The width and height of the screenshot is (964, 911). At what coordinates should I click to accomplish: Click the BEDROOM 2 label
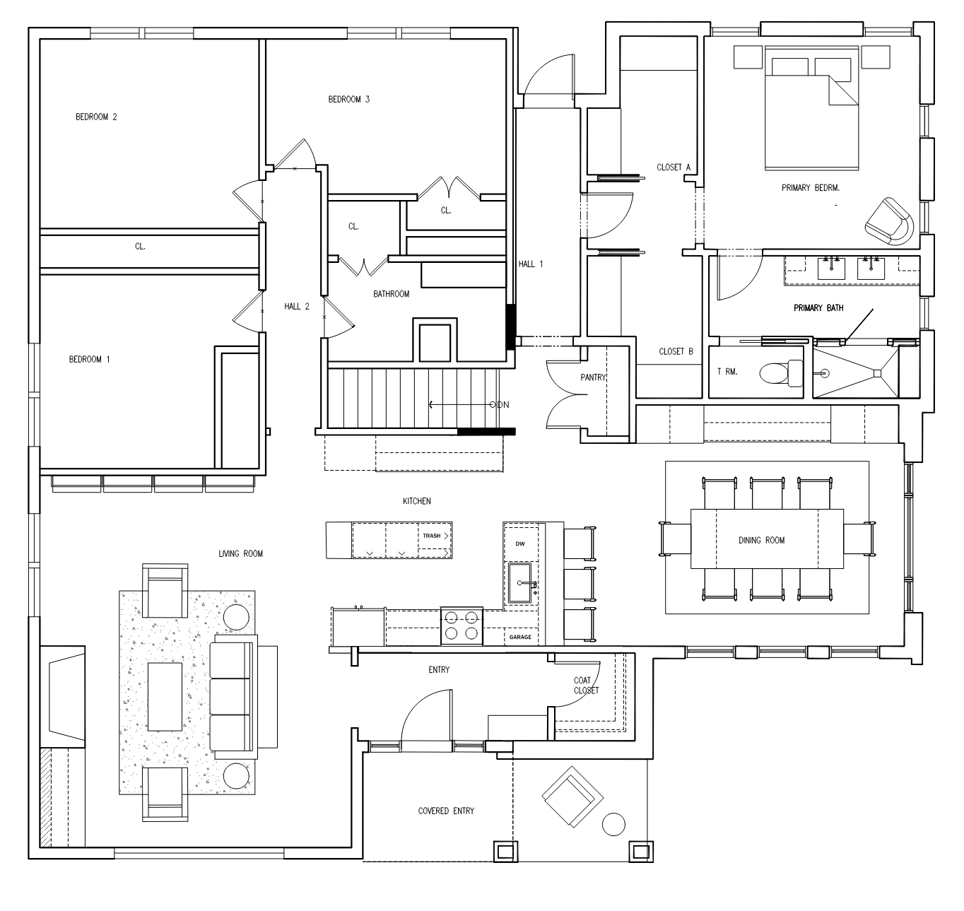[x=96, y=117]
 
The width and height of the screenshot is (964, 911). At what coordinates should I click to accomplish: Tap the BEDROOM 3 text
[x=349, y=100]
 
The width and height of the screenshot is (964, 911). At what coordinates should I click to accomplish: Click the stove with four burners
[x=462, y=625]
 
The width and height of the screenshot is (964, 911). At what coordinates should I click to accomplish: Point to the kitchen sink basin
[x=520, y=583]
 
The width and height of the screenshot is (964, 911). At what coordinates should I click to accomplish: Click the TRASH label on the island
[x=432, y=536]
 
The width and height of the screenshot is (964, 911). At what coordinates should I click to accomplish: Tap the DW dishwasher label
[x=520, y=544]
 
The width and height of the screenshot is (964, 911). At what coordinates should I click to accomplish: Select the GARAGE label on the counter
[x=520, y=637]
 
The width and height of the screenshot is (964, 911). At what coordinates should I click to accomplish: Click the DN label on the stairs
[x=503, y=404]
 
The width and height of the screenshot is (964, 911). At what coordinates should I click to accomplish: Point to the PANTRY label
[x=593, y=377]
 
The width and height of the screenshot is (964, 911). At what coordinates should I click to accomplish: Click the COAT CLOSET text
[x=587, y=685]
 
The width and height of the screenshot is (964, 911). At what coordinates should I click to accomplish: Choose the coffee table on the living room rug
[x=165, y=696]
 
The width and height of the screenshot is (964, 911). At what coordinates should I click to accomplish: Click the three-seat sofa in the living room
[x=233, y=696]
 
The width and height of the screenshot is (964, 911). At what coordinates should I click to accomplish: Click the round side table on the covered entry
[x=613, y=824]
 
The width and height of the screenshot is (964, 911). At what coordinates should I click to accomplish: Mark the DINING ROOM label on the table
[x=762, y=541]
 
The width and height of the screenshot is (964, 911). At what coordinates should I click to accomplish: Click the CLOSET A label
[x=674, y=167]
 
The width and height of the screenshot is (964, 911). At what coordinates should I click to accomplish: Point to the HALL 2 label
[x=297, y=307]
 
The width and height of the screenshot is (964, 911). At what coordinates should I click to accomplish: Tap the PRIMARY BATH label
[x=818, y=308]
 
